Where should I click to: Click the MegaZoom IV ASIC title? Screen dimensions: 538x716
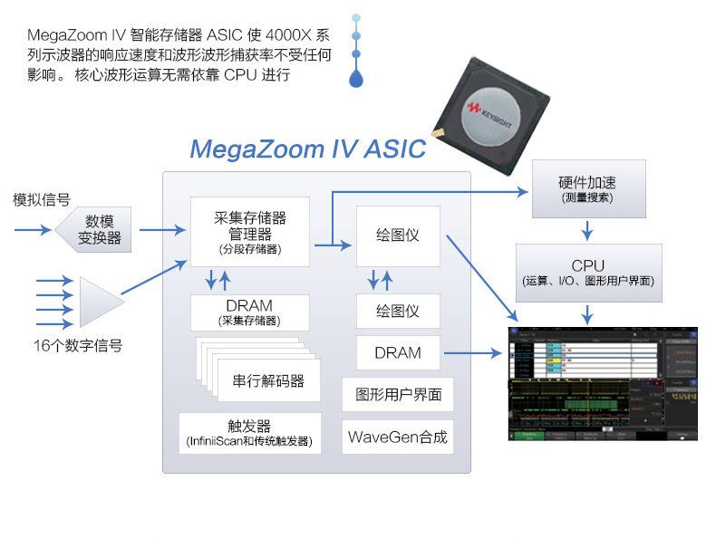(x=307, y=148)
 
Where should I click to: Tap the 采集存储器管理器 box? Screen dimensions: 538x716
(x=249, y=231)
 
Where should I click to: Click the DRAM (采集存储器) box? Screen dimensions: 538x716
(x=249, y=312)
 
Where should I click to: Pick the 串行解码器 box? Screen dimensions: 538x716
(x=268, y=380)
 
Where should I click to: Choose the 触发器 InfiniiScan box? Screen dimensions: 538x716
(x=249, y=433)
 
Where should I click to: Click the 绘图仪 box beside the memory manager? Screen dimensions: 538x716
(x=398, y=235)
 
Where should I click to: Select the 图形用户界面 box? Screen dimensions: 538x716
(x=398, y=395)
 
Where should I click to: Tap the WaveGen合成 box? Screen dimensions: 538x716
(x=398, y=437)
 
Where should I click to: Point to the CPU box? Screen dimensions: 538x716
(x=587, y=272)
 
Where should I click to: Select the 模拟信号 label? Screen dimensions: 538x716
(x=41, y=199)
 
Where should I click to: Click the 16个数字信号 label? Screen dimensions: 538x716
(x=77, y=345)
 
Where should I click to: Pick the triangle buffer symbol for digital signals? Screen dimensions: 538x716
(x=100, y=302)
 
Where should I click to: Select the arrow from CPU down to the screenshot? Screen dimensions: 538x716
(x=587, y=314)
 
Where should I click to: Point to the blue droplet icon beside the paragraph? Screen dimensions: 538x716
(x=356, y=79)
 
